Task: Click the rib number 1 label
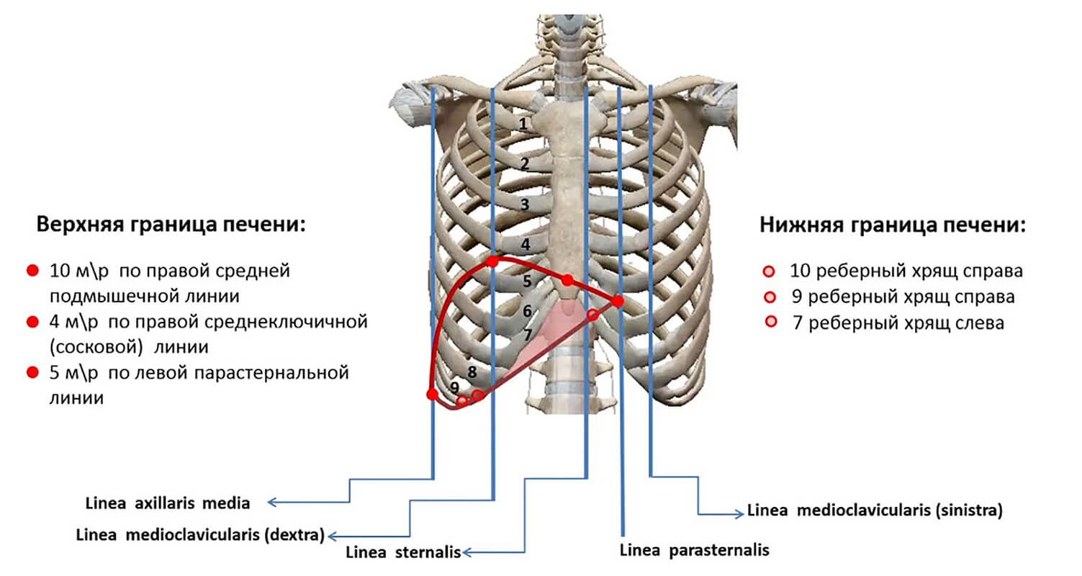click(523, 124)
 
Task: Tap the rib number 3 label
click(525, 204)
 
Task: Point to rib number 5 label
click(527, 281)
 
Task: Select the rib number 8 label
click(472, 372)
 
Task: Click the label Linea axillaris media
click(168, 503)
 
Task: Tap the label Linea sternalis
click(403, 552)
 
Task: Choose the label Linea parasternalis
click(694, 550)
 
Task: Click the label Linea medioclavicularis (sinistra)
click(875, 510)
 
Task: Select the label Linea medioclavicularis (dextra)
click(200, 535)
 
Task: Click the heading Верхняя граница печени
click(171, 225)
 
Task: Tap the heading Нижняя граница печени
click(893, 225)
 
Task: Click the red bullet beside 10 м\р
click(32, 271)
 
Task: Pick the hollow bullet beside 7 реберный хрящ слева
click(771, 321)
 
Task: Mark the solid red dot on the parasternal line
click(618, 302)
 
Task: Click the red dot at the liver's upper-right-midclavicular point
click(492, 262)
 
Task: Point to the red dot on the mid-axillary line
click(433, 395)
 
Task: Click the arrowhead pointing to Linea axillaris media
click(271, 503)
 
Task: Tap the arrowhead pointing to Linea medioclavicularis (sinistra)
click(739, 513)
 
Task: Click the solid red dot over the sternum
click(567, 280)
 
